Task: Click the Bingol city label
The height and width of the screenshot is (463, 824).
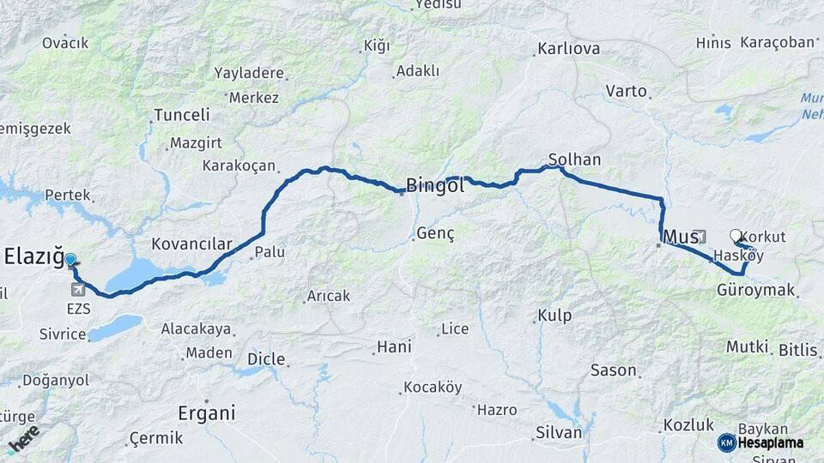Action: [x=435, y=185]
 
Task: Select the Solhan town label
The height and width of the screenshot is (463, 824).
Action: [x=575, y=159]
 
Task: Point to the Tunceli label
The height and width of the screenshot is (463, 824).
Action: [x=181, y=115]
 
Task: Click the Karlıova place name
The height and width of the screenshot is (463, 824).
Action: [x=568, y=49]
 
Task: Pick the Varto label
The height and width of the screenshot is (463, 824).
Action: [x=626, y=91]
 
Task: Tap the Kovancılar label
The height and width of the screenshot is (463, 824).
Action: [x=191, y=244]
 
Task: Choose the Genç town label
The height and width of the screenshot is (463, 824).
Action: [x=435, y=233]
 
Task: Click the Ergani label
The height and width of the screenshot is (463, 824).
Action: [x=206, y=413]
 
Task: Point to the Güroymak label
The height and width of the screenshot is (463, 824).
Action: [x=755, y=291]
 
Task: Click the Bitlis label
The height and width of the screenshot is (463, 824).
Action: [x=798, y=350]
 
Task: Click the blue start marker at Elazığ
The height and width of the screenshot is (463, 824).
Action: [x=70, y=259]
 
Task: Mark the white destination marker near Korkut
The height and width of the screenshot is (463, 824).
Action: [x=735, y=235]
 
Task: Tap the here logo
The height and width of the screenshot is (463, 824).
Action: [x=23, y=439]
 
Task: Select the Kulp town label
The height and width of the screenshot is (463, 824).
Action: [x=554, y=316]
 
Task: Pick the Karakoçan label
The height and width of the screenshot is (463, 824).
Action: [x=239, y=165]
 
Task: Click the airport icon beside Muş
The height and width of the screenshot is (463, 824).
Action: [x=700, y=237]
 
